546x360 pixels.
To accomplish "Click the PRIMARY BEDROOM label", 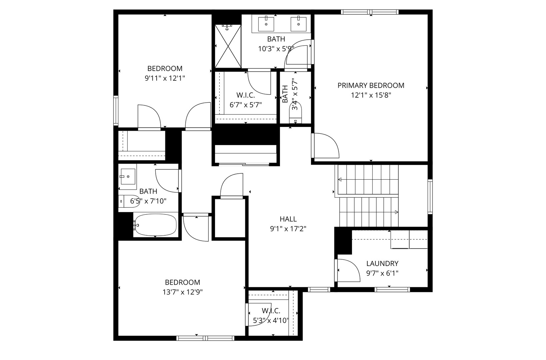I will click(x=371, y=85).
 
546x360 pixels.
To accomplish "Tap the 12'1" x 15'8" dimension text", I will click(x=371, y=95).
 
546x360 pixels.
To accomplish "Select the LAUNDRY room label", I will click(x=382, y=264).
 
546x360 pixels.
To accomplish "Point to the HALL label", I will click(x=288, y=219).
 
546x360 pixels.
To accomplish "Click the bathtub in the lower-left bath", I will click(x=155, y=225).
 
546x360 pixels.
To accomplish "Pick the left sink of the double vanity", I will click(x=266, y=24).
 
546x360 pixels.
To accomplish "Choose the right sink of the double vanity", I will click(x=298, y=24).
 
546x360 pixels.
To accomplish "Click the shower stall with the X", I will click(x=228, y=46).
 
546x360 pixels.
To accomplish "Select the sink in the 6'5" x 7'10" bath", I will click(x=128, y=177).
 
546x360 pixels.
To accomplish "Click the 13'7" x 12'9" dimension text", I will click(x=183, y=292).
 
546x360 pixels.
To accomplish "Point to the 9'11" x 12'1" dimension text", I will click(x=165, y=78).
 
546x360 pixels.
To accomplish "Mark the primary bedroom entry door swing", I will click(x=326, y=146).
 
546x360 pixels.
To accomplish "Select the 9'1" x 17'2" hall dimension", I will click(x=288, y=229).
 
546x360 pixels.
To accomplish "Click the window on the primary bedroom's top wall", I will click(x=370, y=12).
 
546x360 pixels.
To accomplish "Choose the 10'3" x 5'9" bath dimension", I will click(x=276, y=49).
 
